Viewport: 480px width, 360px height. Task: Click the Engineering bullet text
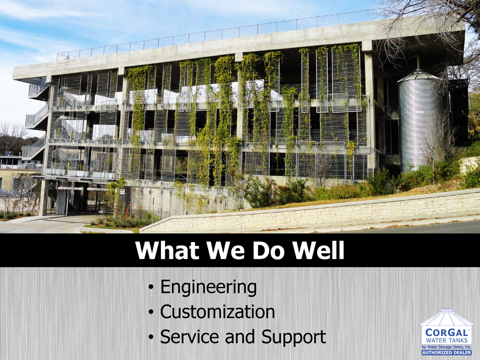(208, 287)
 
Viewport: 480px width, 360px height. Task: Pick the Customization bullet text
(217, 311)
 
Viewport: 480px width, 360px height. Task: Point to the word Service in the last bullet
(190, 336)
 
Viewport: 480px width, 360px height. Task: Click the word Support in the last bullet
(293, 337)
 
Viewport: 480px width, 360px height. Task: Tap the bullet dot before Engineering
(150, 287)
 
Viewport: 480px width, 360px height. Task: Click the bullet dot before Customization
(150, 312)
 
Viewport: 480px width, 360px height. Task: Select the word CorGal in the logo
(447, 332)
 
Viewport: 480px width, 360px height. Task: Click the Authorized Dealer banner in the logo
(446, 352)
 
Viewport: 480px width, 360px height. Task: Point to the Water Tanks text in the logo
(447, 340)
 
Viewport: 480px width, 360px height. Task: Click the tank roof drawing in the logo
(446, 317)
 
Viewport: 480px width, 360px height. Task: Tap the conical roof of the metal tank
(419, 76)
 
